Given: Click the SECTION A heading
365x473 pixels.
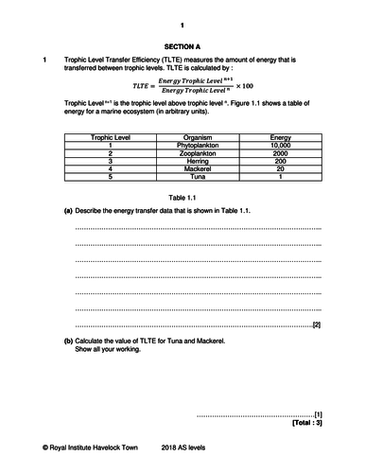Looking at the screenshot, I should tap(182, 45).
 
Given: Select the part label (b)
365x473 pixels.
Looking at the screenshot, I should tap(67, 341).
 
